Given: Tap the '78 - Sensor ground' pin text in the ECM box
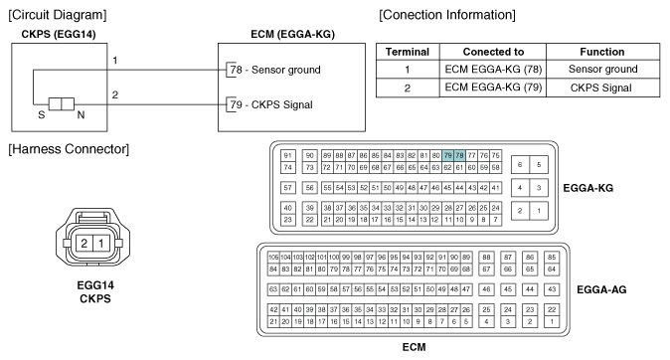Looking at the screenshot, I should tap(274, 72).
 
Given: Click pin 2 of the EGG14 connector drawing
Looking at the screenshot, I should tap(85, 245).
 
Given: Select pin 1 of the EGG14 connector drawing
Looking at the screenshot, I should tap(102, 245).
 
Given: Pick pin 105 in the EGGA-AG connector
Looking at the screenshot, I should tap(273, 257).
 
